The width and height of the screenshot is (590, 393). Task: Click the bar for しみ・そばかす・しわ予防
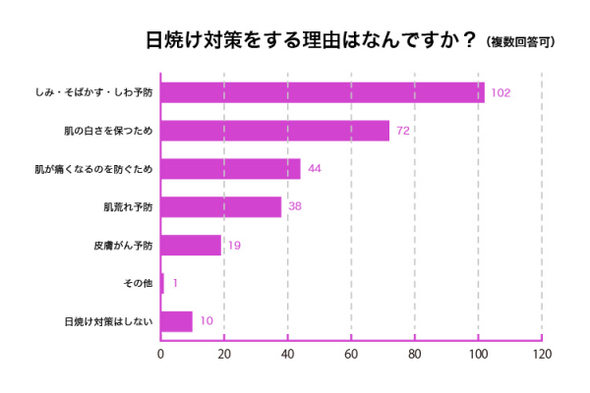pyautogui.click(x=323, y=92)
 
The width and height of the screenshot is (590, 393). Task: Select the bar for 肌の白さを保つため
pyautogui.click(x=275, y=131)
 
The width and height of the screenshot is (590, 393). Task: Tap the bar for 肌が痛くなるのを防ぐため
pyautogui.click(x=230, y=169)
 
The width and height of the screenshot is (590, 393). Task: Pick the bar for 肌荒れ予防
pyautogui.click(x=220, y=207)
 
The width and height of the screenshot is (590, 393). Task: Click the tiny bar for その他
pyautogui.click(x=162, y=283)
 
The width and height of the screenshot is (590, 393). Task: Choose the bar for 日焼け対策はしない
pyautogui.click(x=177, y=321)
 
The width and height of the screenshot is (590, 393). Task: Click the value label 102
pyautogui.click(x=501, y=93)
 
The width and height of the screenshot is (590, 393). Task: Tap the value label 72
pyautogui.click(x=402, y=131)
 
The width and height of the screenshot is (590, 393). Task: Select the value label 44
pyautogui.click(x=315, y=169)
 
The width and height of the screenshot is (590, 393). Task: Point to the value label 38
pyautogui.click(x=295, y=207)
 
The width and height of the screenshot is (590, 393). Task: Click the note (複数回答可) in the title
pyautogui.click(x=519, y=42)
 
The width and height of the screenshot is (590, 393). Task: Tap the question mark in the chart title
pyautogui.click(x=470, y=41)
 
